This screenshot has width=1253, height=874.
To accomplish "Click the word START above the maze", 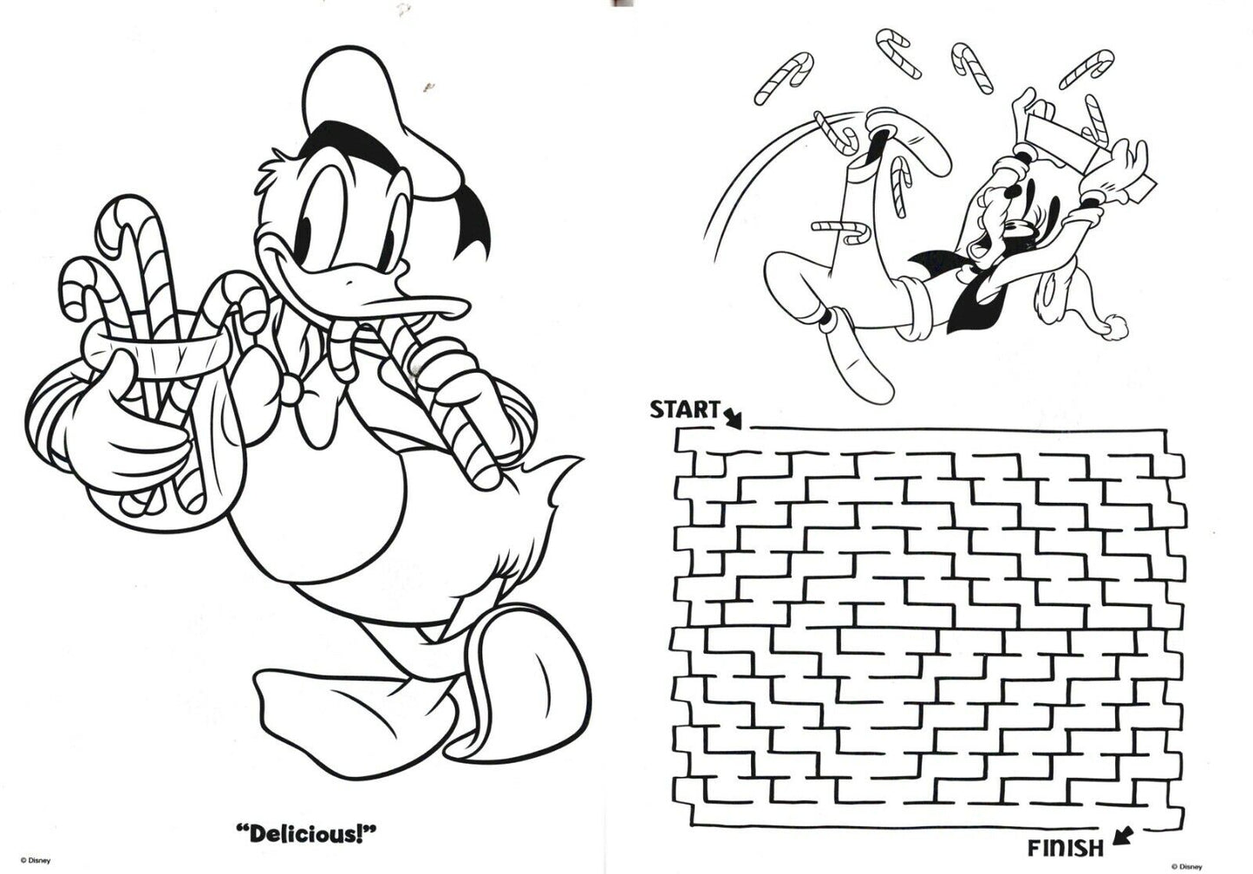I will click(684, 408).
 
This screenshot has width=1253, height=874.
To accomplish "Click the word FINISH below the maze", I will click(1066, 848).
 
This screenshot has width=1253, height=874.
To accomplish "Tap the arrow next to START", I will click(733, 418).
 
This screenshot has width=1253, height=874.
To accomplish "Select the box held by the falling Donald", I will click(1054, 130).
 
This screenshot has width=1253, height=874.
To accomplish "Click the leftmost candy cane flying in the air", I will click(776, 76).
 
